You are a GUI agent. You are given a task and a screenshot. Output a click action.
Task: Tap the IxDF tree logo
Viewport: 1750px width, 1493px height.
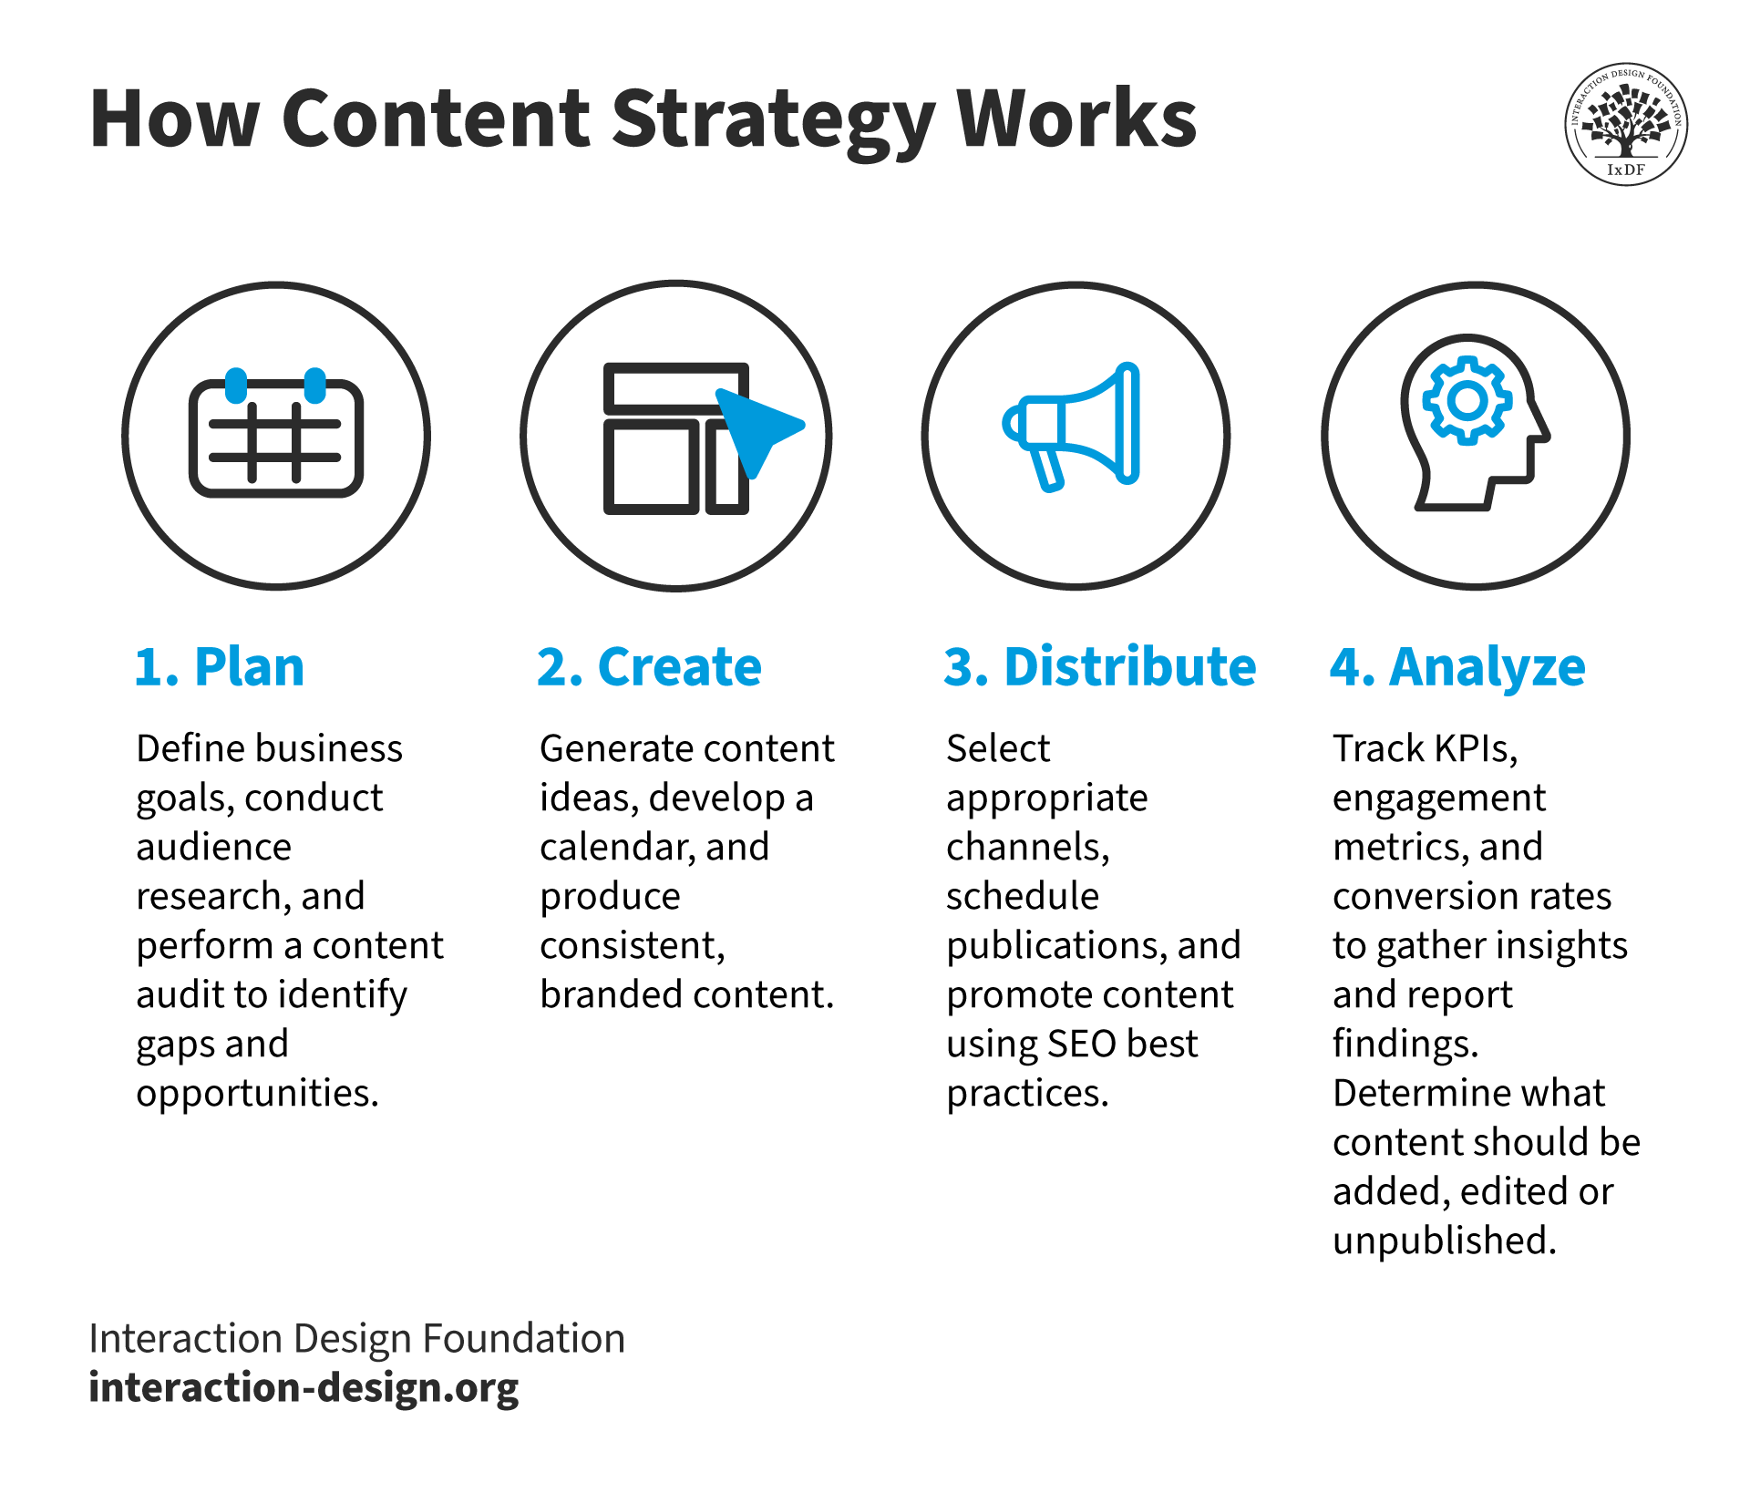click(1626, 124)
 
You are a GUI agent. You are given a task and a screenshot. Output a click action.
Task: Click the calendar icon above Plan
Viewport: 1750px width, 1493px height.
click(276, 436)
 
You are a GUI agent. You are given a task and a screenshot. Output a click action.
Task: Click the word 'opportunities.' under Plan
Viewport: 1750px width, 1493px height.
click(257, 1093)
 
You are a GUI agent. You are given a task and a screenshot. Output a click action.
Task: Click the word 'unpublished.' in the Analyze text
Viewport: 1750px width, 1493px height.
click(1444, 1241)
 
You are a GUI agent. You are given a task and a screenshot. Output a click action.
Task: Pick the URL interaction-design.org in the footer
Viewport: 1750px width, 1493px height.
click(304, 1387)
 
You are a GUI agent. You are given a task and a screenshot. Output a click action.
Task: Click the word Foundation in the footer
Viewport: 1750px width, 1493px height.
click(524, 1338)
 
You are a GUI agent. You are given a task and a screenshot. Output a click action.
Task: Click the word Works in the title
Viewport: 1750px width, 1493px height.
click(1076, 121)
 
